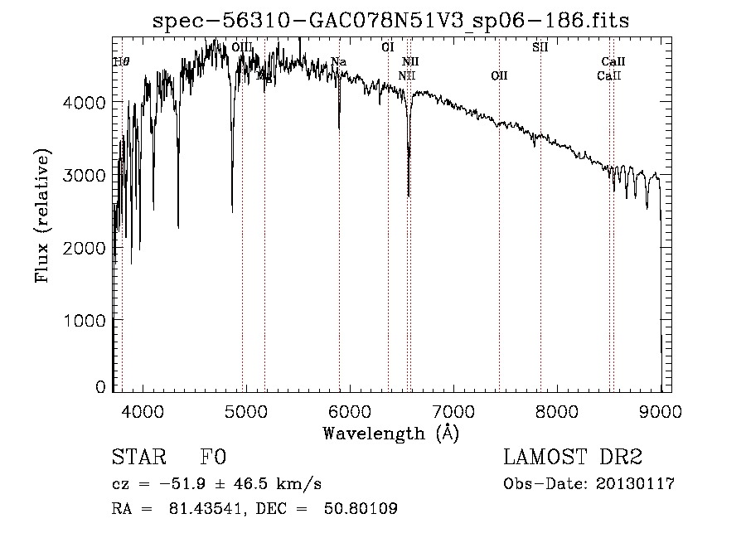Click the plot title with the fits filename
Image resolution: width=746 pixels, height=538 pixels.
[x=391, y=21]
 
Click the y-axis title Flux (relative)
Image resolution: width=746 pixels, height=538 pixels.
[x=41, y=216]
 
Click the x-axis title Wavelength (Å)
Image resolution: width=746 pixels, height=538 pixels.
[x=390, y=433]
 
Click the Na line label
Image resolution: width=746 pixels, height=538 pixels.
[x=338, y=62]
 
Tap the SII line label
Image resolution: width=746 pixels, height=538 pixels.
[x=540, y=47]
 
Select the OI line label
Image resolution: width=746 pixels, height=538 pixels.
[x=387, y=47]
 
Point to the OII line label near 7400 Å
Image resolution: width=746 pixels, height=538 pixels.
[x=499, y=76]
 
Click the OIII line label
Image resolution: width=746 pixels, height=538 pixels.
[x=242, y=48]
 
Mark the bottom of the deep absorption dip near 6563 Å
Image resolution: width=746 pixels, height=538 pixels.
[x=409, y=195]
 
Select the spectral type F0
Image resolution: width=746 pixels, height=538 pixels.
[x=213, y=458]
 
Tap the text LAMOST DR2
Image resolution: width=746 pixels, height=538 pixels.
[x=573, y=458]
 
